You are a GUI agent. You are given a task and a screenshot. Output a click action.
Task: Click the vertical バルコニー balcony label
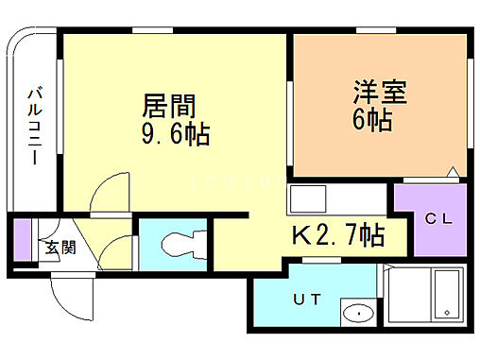34,126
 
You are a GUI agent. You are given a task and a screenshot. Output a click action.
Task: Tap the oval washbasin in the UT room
357,313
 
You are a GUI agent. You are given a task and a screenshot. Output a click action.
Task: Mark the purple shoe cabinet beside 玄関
23,241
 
